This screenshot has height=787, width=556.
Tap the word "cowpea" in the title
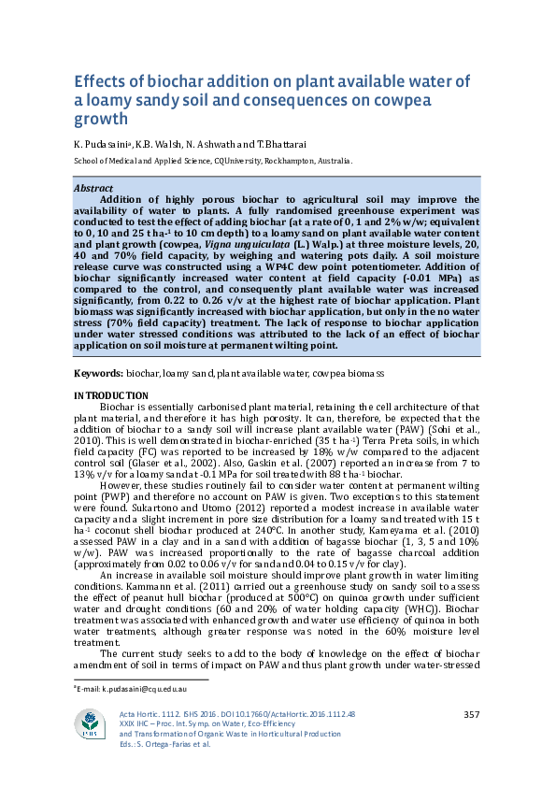point(401,100)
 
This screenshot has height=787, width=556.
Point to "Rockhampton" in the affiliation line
point(296,160)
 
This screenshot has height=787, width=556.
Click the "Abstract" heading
point(93,188)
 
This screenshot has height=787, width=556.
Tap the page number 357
point(471,715)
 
